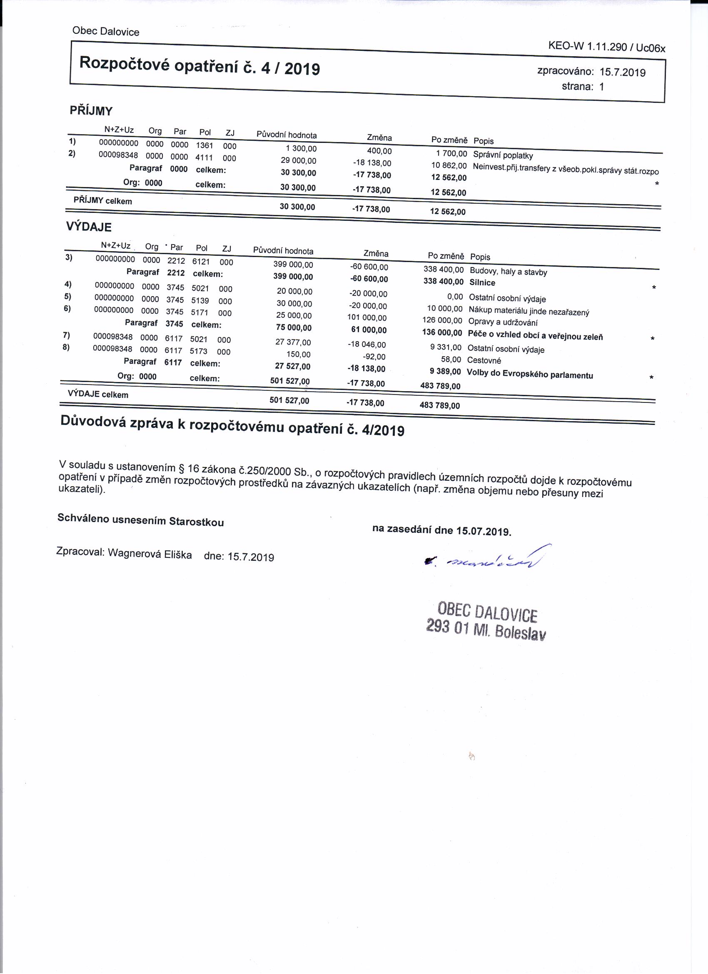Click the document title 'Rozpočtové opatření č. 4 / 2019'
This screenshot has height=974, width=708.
click(x=199, y=66)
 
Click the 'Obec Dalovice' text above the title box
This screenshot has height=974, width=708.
click(x=106, y=32)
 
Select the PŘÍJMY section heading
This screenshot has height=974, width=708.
click(x=91, y=111)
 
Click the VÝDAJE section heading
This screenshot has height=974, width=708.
click(x=89, y=227)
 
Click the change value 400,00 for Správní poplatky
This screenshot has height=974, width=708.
click(x=379, y=151)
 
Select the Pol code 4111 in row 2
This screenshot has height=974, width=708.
click(x=204, y=157)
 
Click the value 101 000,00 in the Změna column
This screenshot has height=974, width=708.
click(x=366, y=318)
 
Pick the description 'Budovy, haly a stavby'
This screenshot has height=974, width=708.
click(x=509, y=272)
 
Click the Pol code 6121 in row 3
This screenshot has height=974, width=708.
click(x=201, y=261)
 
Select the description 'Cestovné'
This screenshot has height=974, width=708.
click(x=484, y=360)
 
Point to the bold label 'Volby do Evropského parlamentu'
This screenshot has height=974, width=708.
click(x=530, y=374)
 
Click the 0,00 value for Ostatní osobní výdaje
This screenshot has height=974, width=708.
click(x=455, y=297)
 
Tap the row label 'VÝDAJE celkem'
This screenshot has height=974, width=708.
click(x=98, y=394)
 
